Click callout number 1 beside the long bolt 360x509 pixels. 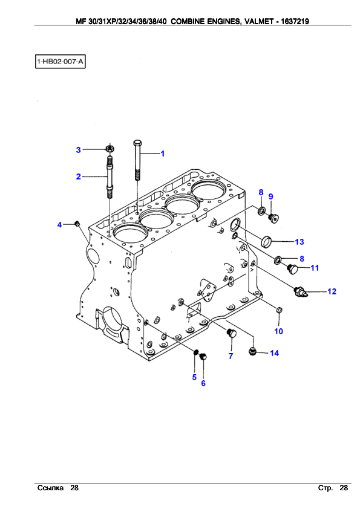point(163,154)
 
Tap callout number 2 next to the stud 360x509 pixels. point(78,177)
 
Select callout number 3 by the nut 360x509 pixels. point(78,150)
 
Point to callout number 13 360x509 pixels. point(299,242)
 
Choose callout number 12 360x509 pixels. point(332,291)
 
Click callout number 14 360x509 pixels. point(274,353)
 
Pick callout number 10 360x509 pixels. point(278,331)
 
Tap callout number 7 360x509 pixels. point(231,356)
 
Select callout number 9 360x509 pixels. point(270,196)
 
